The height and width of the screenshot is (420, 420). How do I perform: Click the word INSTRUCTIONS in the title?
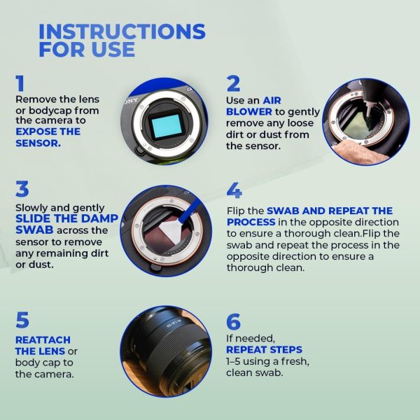pyautogui.click(x=122, y=31)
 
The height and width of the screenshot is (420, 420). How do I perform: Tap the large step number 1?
pyautogui.click(x=20, y=83)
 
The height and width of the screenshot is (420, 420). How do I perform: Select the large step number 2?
pyautogui.click(x=233, y=83)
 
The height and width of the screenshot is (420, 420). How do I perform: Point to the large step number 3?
pyautogui.click(x=22, y=189)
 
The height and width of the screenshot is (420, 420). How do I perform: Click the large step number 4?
pyautogui.click(x=234, y=190)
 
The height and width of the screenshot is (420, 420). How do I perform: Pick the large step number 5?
pyautogui.click(x=22, y=320)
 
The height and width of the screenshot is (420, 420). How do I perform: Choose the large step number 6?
pyautogui.click(x=233, y=321)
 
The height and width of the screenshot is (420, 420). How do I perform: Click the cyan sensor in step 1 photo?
pyautogui.click(x=165, y=125)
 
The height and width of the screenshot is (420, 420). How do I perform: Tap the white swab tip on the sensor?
pyautogui.click(x=171, y=231)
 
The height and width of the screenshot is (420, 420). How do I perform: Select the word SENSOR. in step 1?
pyautogui.click(x=38, y=143)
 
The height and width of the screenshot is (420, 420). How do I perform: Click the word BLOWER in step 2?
pyautogui.click(x=249, y=112)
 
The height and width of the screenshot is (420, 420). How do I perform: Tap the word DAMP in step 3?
pyautogui.click(x=99, y=218)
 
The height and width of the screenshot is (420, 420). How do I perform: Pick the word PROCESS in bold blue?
pyautogui.click(x=251, y=222)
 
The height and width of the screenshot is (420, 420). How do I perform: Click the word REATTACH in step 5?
pyautogui.click(x=43, y=340)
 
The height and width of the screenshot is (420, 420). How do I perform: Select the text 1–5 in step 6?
pyautogui.click(x=233, y=361)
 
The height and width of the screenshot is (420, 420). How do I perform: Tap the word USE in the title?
pyautogui.click(x=113, y=49)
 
